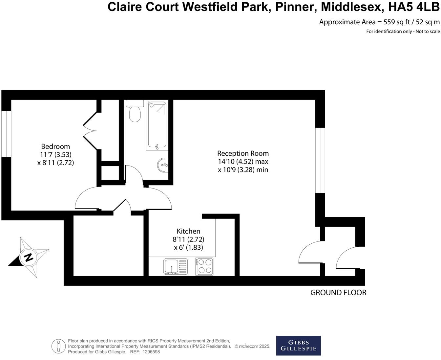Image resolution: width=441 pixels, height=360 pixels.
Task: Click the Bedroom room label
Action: pos(55,146)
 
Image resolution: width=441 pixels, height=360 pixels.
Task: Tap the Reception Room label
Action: pos(243,153)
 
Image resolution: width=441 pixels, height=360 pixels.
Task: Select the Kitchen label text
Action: pos(188,231)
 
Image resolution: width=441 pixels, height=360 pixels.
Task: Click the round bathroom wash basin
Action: pos(163,165)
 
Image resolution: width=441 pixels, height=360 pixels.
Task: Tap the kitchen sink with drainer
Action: pos(176,266)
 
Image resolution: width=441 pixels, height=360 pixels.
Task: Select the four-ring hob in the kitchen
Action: pos(204,266)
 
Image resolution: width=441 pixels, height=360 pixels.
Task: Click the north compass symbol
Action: pos(29,257)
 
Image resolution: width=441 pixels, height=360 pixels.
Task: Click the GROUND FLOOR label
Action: pos(338,293)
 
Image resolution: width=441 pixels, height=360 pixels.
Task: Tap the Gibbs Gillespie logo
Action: pos(298,346)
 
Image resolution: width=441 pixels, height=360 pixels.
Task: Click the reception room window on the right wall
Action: pos(320,160)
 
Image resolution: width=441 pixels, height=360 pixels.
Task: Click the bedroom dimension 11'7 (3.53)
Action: pos(55,154)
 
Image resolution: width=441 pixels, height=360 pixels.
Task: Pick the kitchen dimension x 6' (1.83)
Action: pos(188,247)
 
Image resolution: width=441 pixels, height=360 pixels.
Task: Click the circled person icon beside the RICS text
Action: pos(58,346)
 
